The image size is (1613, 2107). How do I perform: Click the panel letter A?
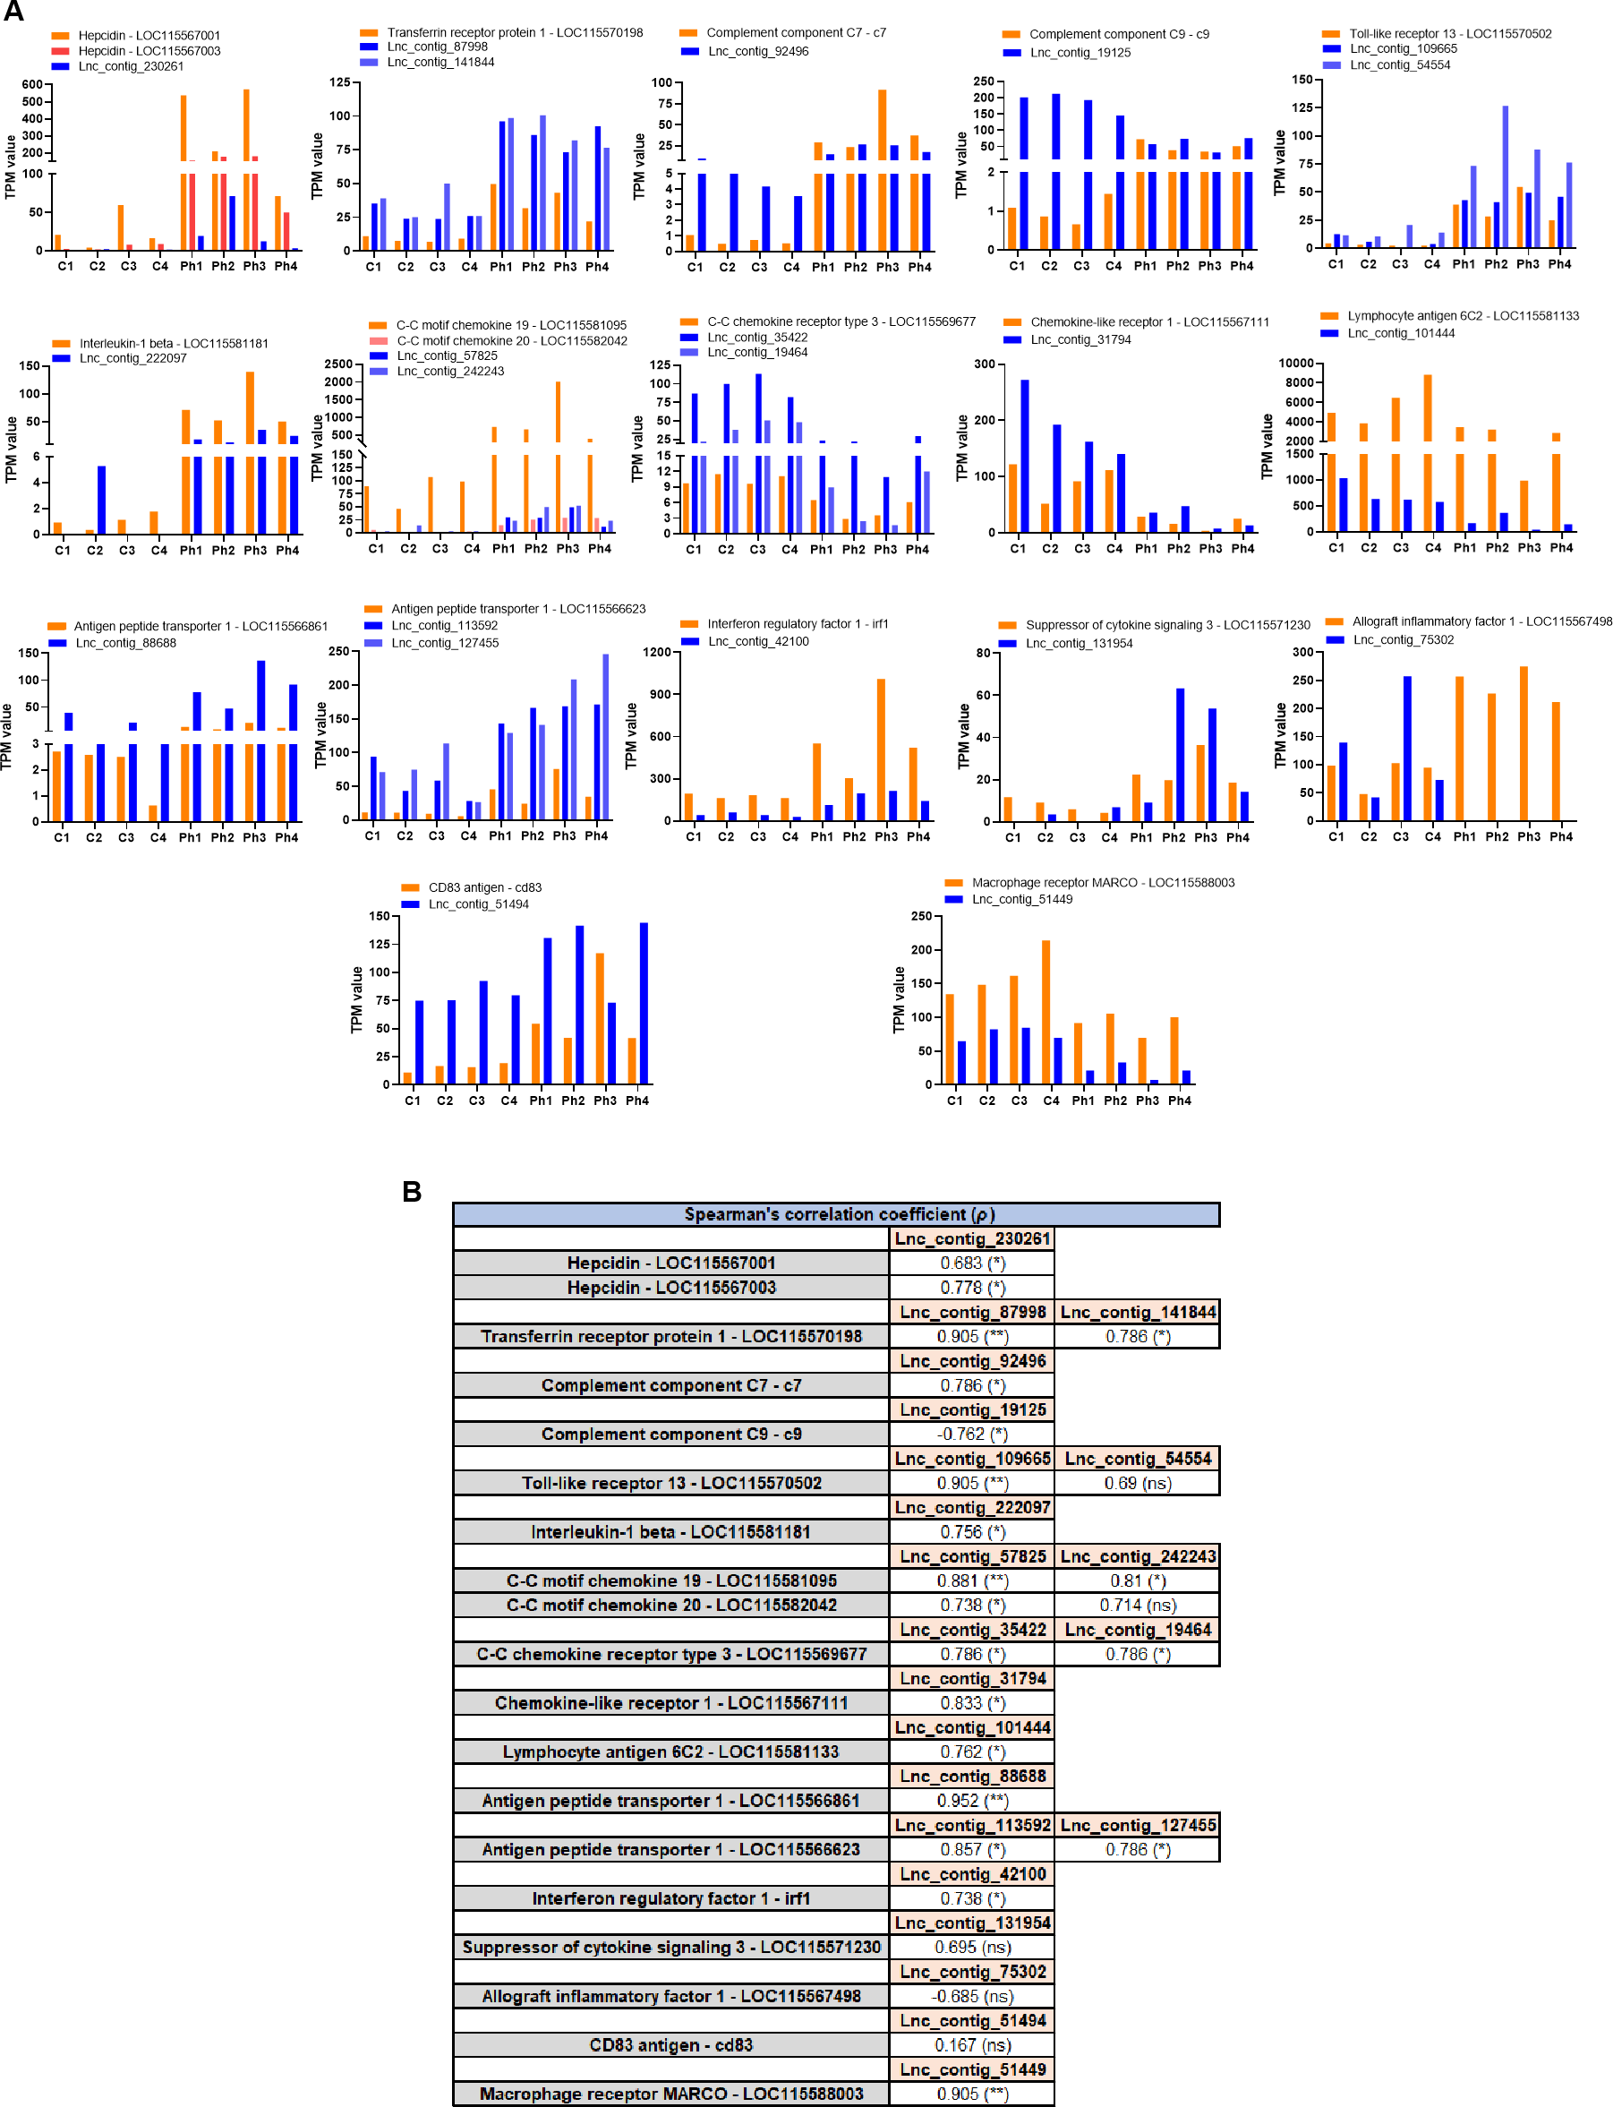point(13,12)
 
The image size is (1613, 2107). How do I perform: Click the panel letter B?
point(411,1191)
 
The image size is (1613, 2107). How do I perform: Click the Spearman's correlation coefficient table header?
point(835,1214)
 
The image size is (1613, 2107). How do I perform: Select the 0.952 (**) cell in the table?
point(971,1801)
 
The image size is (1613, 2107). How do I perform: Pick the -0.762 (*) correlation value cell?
point(971,1434)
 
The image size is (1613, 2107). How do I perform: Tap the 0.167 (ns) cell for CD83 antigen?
point(971,2044)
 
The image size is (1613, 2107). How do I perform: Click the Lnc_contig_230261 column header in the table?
point(971,1238)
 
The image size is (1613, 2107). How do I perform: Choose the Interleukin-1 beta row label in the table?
point(670,1532)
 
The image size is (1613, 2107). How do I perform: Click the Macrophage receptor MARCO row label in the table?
point(670,2094)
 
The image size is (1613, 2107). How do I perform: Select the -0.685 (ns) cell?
point(971,1996)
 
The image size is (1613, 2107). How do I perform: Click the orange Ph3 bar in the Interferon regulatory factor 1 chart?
point(881,749)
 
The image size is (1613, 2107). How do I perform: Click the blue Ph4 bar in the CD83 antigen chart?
point(644,1004)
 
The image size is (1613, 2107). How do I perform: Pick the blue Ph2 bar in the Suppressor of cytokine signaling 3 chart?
point(1180,755)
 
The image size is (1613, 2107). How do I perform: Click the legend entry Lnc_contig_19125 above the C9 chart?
point(1080,53)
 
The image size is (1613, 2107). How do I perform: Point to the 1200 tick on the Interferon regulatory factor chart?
point(657,652)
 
